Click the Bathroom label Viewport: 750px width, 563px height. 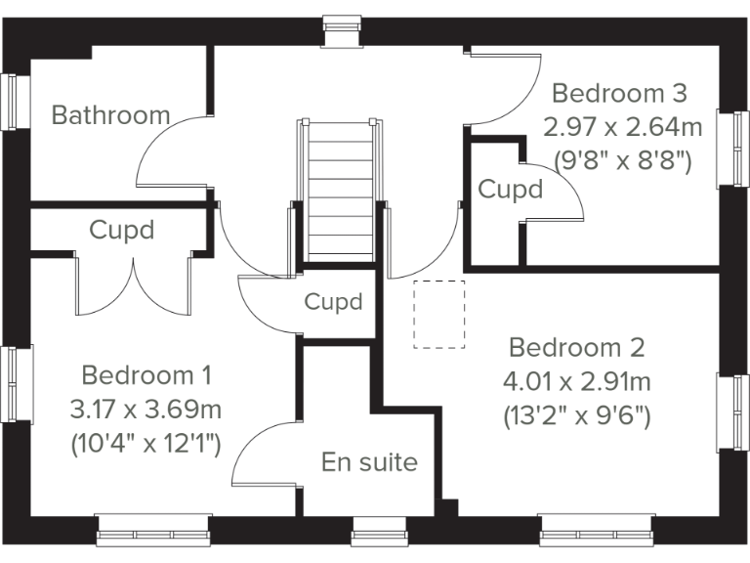(110, 115)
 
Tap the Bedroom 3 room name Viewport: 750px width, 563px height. (620, 94)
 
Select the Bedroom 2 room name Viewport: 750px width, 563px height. (577, 348)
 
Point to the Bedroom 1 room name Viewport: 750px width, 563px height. (146, 375)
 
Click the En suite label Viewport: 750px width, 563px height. (369, 461)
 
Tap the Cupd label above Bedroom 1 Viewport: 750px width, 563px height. (122, 231)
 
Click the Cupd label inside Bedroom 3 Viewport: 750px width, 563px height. (510, 189)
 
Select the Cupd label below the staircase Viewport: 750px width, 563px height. (333, 302)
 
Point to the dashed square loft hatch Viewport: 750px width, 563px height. (439, 315)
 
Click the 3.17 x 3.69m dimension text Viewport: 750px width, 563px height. (146, 409)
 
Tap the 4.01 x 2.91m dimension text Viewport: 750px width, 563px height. (577, 381)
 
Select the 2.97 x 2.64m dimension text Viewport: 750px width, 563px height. (622, 127)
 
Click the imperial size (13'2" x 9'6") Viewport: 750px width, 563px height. (577, 414)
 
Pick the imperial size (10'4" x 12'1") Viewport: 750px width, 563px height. (146, 442)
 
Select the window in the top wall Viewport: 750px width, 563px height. (341, 30)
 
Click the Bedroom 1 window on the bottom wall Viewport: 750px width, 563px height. (154, 530)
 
